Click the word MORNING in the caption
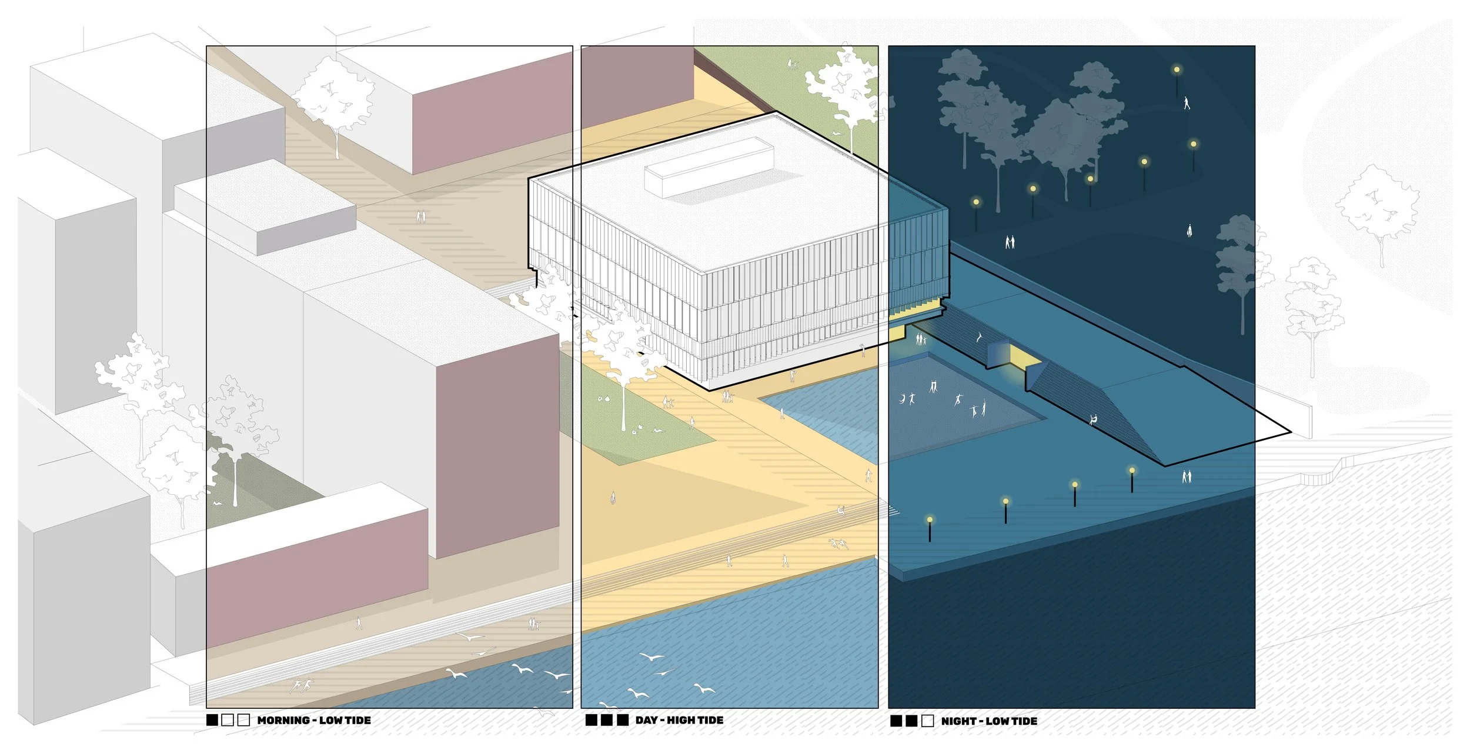tap(283, 720)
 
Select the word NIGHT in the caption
tap(958, 721)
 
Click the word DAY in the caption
tap(646, 720)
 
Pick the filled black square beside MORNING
tap(212, 720)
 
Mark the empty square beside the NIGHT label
tap(927, 721)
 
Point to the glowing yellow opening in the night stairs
tap(1018, 355)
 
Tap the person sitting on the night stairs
tap(1093, 419)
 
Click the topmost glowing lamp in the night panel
tap(1177, 69)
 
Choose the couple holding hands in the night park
tap(1010, 242)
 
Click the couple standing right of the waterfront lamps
tap(1187, 476)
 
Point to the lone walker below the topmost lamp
tap(1187, 104)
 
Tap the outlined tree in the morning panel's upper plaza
tap(333, 100)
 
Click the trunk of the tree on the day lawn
tap(624, 406)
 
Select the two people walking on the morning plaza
tap(420, 217)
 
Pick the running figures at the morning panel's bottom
tap(302, 685)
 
